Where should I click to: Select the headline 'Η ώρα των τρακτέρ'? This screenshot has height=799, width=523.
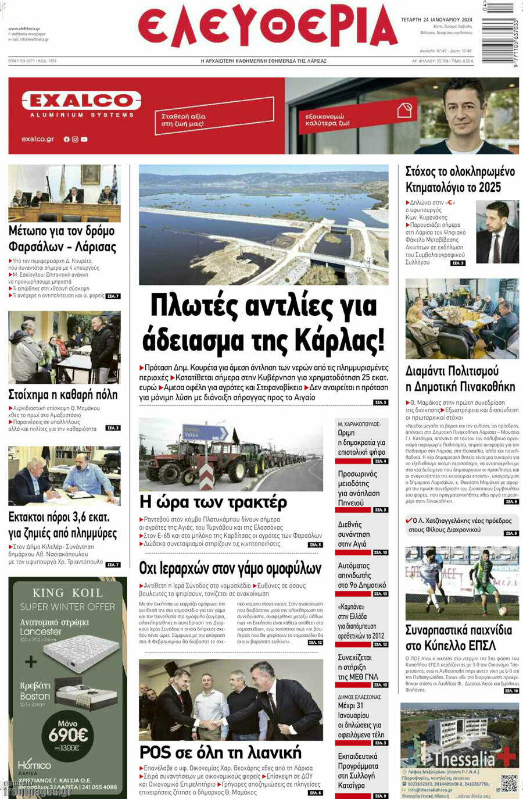point(213,501)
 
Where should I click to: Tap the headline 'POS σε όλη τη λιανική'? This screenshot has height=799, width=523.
point(220,752)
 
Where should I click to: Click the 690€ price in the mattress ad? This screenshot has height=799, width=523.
point(67,734)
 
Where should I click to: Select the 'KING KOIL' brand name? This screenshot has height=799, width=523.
point(67,593)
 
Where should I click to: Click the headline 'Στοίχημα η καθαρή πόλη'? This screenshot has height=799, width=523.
point(63,395)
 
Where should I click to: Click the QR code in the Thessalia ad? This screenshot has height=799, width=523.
point(509,783)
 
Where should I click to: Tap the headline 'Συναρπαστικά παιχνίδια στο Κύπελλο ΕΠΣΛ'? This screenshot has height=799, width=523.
point(458,638)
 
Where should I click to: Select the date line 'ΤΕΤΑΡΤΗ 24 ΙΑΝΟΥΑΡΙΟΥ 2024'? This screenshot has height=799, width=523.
point(436,20)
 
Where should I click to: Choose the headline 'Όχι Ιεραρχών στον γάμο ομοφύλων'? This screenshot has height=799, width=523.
point(230,568)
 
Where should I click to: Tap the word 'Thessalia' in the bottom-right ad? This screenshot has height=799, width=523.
point(464,759)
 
